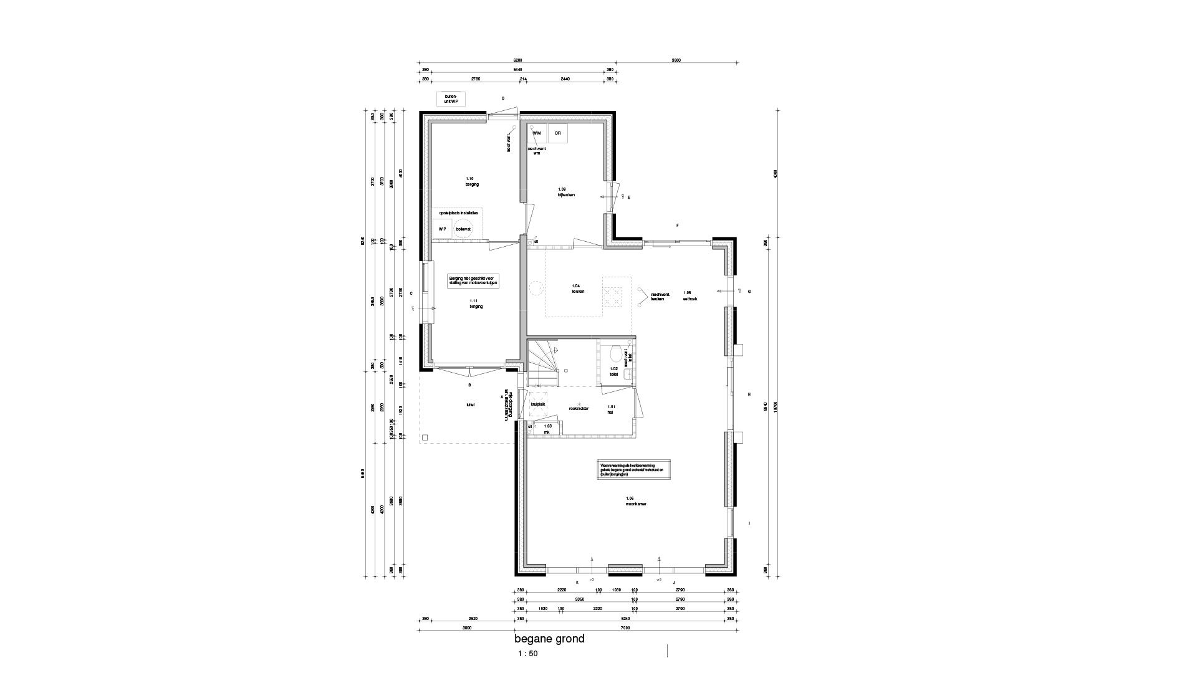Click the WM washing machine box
coord(537,133)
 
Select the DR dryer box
coord(558,133)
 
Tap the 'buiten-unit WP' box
coord(451,99)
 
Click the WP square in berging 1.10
coord(443,229)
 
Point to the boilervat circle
coord(463,229)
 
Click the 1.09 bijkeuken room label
coord(565,192)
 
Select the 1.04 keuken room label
coord(577,289)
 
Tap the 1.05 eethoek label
coord(690,295)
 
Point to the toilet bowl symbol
coord(616,355)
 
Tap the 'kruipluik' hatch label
coord(537,404)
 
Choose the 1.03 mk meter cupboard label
coord(547,429)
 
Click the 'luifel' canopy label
coord(470,404)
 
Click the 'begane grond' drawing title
coord(549,639)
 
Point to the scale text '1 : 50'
coord(527,654)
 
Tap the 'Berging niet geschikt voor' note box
coord(473,281)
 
